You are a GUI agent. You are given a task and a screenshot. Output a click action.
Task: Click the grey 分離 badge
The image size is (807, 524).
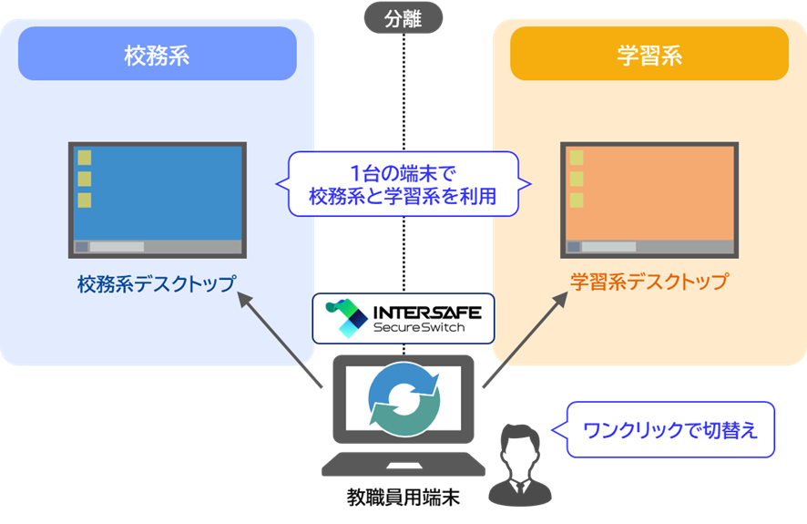pyautogui.click(x=403, y=17)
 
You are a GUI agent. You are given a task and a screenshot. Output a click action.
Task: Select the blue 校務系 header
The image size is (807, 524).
pyautogui.click(x=157, y=55)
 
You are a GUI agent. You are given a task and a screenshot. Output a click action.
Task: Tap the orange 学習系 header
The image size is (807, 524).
pyautogui.click(x=649, y=55)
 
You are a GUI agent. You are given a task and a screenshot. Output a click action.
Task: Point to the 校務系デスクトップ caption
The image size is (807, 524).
pyautogui.click(x=156, y=283)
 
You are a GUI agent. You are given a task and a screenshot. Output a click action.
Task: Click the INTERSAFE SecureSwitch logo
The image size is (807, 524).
pyautogui.click(x=403, y=317)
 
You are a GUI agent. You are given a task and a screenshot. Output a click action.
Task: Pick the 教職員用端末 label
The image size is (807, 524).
pyautogui.click(x=403, y=498)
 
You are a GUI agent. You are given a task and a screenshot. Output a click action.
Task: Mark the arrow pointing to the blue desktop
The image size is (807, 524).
pyautogui.click(x=281, y=338)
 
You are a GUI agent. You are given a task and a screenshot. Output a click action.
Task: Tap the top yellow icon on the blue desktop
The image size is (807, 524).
pyautogui.click(x=84, y=158)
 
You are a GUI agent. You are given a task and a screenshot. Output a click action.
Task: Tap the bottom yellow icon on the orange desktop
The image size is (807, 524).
pyautogui.click(x=576, y=200)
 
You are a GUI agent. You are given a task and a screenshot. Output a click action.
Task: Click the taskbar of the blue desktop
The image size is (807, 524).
pyautogui.click(x=157, y=246)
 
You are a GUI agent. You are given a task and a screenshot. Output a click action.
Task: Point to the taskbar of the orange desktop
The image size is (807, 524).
pyautogui.click(x=649, y=246)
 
